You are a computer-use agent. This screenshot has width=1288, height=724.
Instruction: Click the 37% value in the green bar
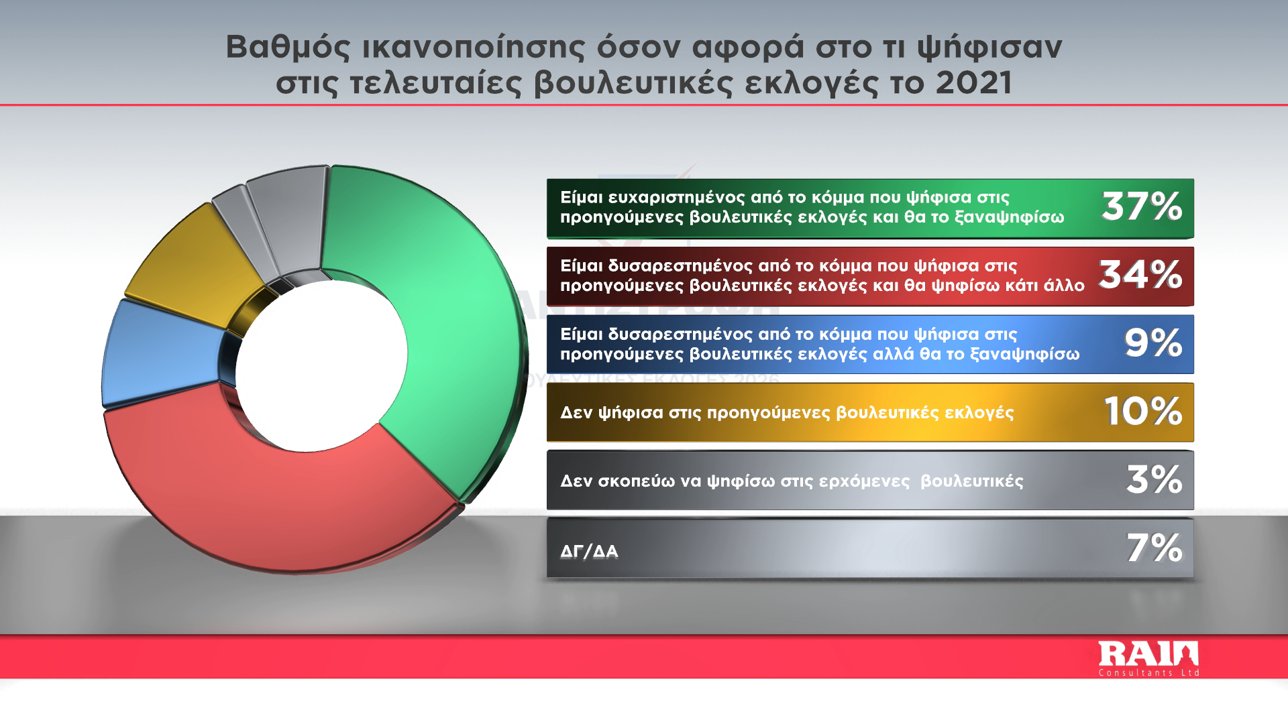click(1142, 206)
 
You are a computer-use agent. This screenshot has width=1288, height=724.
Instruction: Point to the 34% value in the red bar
click(1140, 275)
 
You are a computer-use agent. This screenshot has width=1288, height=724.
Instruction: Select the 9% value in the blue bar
click(1153, 343)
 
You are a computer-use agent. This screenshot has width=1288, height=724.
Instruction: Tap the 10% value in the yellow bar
click(1143, 411)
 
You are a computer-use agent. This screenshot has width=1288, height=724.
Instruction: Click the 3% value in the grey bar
click(1154, 479)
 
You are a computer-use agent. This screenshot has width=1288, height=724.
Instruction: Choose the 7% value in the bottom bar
click(1154, 548)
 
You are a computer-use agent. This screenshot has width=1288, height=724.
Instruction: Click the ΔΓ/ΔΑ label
click(589, 552)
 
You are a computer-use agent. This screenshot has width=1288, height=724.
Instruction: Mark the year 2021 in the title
click(973, 83)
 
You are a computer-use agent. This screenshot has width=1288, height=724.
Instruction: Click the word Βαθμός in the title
click(288, 48)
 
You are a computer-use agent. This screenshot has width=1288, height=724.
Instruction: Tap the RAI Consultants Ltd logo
click(1148, 658)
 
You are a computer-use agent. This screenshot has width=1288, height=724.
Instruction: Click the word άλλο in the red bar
click(1064, 286)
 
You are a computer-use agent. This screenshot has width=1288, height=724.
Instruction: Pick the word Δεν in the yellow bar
click(576, 412)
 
